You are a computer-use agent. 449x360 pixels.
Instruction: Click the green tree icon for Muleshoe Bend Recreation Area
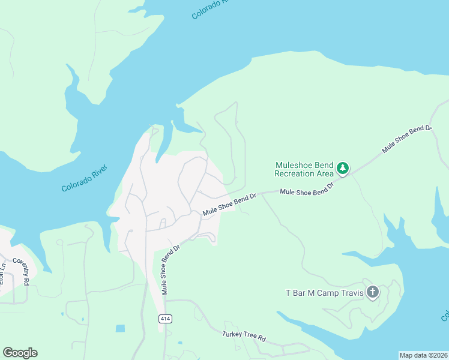pyautogui.click(x=343, y=169)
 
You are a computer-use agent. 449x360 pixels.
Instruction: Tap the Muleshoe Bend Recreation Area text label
pyautogui.click(x=304, y=169)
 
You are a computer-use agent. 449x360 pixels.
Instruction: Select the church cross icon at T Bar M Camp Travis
pyautogui.click(x=373, y=292)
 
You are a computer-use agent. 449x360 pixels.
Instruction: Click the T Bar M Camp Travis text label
pyautogui.click(x=324, y=293)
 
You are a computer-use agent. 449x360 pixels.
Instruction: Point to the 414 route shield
pyautogui.click(x=166, y=319)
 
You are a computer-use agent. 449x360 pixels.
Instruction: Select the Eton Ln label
pyautogui.click(x=2, y=278)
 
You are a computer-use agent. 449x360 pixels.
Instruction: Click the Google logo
pyautogui.click(x=20, y=353)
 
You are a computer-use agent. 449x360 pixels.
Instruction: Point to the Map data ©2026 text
pyautogui.click(x=423, y=355)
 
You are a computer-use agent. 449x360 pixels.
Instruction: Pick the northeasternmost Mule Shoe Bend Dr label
pyautogui.click(x=408, y=139)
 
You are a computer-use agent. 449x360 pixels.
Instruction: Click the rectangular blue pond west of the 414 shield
pyautogui.click(x=121, y=328)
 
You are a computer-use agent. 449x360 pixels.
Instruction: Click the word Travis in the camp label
pyautogui.click(x=348, y=293)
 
